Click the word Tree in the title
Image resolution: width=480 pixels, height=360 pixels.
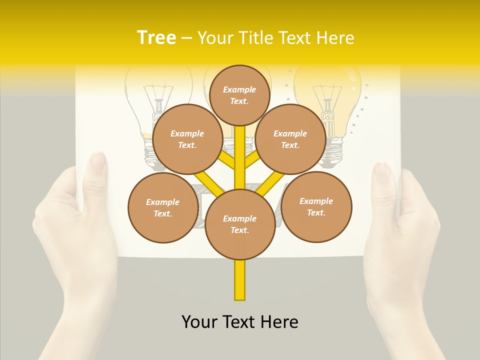(156, 37)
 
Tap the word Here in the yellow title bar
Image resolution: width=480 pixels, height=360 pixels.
(335, 37)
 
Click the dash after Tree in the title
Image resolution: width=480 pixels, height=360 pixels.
(187, 38)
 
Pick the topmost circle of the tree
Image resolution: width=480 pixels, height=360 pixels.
(239, 95)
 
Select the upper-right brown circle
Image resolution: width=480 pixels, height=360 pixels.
(290, 139)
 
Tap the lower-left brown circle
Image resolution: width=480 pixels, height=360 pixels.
(162, 207)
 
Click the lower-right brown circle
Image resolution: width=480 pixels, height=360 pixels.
(316, 206)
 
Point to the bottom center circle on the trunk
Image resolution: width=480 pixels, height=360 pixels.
(239, 224)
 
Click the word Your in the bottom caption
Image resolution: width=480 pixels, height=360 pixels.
(199, 322)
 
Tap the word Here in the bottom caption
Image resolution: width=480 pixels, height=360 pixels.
(280, 322)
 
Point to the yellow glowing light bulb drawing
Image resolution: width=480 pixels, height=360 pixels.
(327, 100)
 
